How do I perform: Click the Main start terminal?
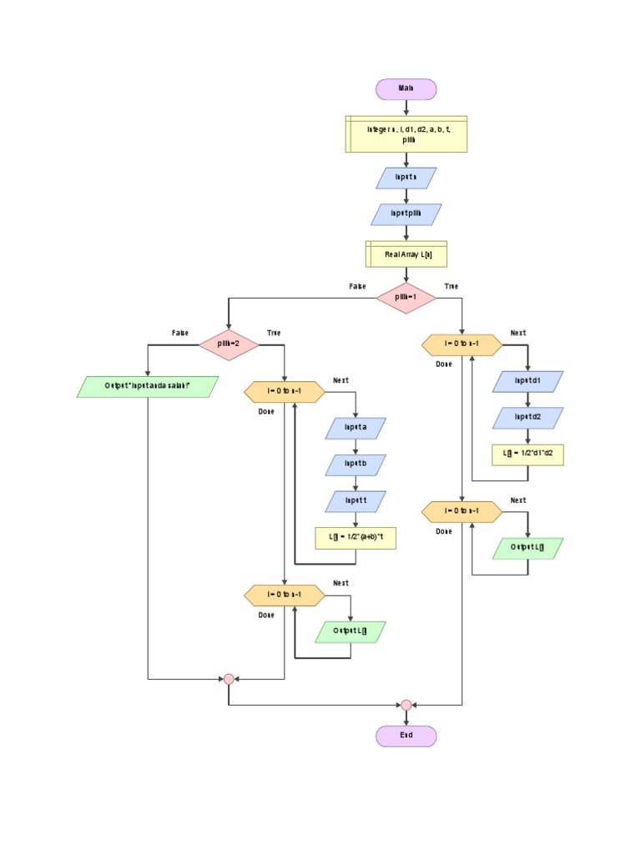pos(406,89)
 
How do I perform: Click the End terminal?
pos(406,736)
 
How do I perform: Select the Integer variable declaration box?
pos(406,134)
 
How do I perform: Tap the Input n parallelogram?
pos(406,178)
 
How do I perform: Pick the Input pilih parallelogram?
pos(406,214)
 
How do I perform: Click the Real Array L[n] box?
pos(406,254)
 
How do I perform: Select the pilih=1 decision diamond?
pos(406,298)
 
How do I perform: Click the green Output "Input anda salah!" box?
pos(148,386)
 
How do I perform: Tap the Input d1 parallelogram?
pos(527,381)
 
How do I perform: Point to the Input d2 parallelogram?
pos(527,417)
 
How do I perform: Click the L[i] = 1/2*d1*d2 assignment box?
pos(527,455)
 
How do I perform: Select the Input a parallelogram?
pos(356,428)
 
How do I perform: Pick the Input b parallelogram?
pos(356,465)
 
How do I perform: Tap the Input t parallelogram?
pos(356,501)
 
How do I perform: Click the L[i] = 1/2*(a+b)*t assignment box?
pos(356,538)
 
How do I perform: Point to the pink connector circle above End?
pos(406,705)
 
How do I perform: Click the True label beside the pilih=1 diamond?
pos(451,287)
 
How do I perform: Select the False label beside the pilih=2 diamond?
pos(180,333)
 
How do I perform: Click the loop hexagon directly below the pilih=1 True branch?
pos(462,344)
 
